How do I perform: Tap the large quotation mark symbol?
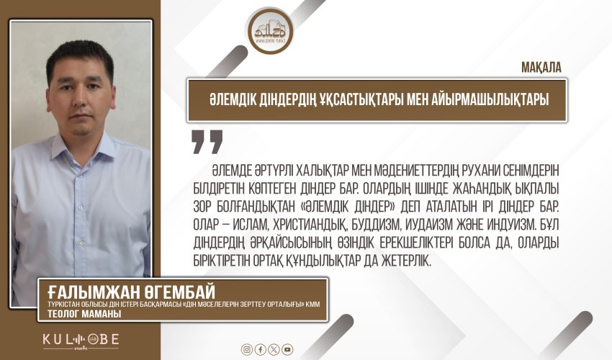click(207, 142)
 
